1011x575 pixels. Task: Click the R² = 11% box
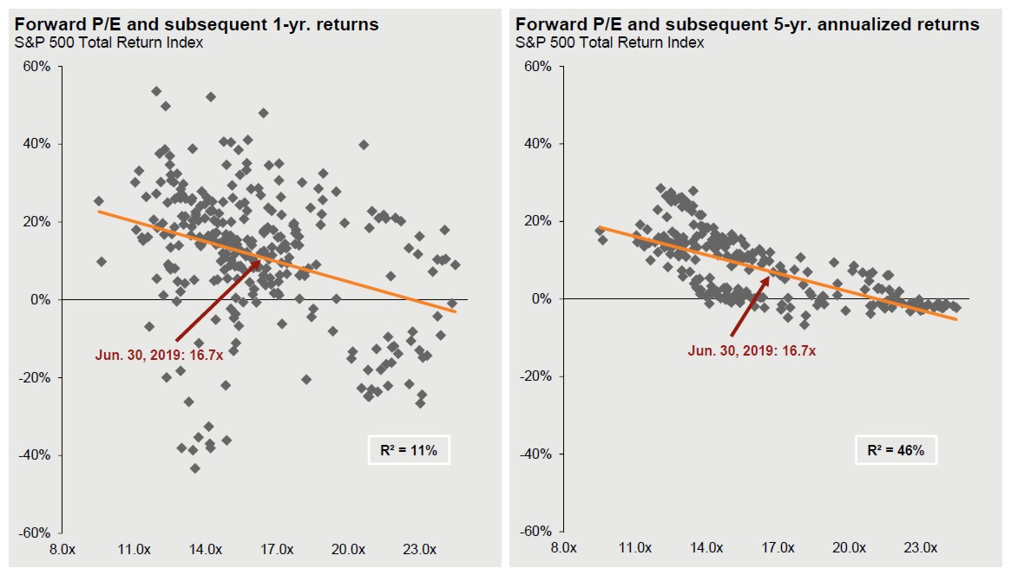(x=409, y=450)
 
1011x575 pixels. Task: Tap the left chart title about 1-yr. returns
(x=197, y=24)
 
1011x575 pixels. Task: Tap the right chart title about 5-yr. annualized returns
(x=747, y=24)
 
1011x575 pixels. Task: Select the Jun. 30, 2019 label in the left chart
(x=164, y=354)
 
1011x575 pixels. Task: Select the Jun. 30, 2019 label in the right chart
(x=752, y=350)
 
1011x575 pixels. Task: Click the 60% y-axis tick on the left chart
(x=37, y=67)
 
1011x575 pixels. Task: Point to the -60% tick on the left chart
(x=36, y=533)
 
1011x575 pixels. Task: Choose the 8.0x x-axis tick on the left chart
(x=63, y=549)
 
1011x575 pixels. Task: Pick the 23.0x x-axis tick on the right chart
(x=921, y=548)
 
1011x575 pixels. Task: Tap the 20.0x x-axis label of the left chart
(x=347, y=549)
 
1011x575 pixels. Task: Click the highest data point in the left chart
(x=156, y=91)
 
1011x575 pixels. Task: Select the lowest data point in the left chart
(x=195, y=468)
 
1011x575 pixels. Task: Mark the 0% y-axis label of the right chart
(x=539, y=299)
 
